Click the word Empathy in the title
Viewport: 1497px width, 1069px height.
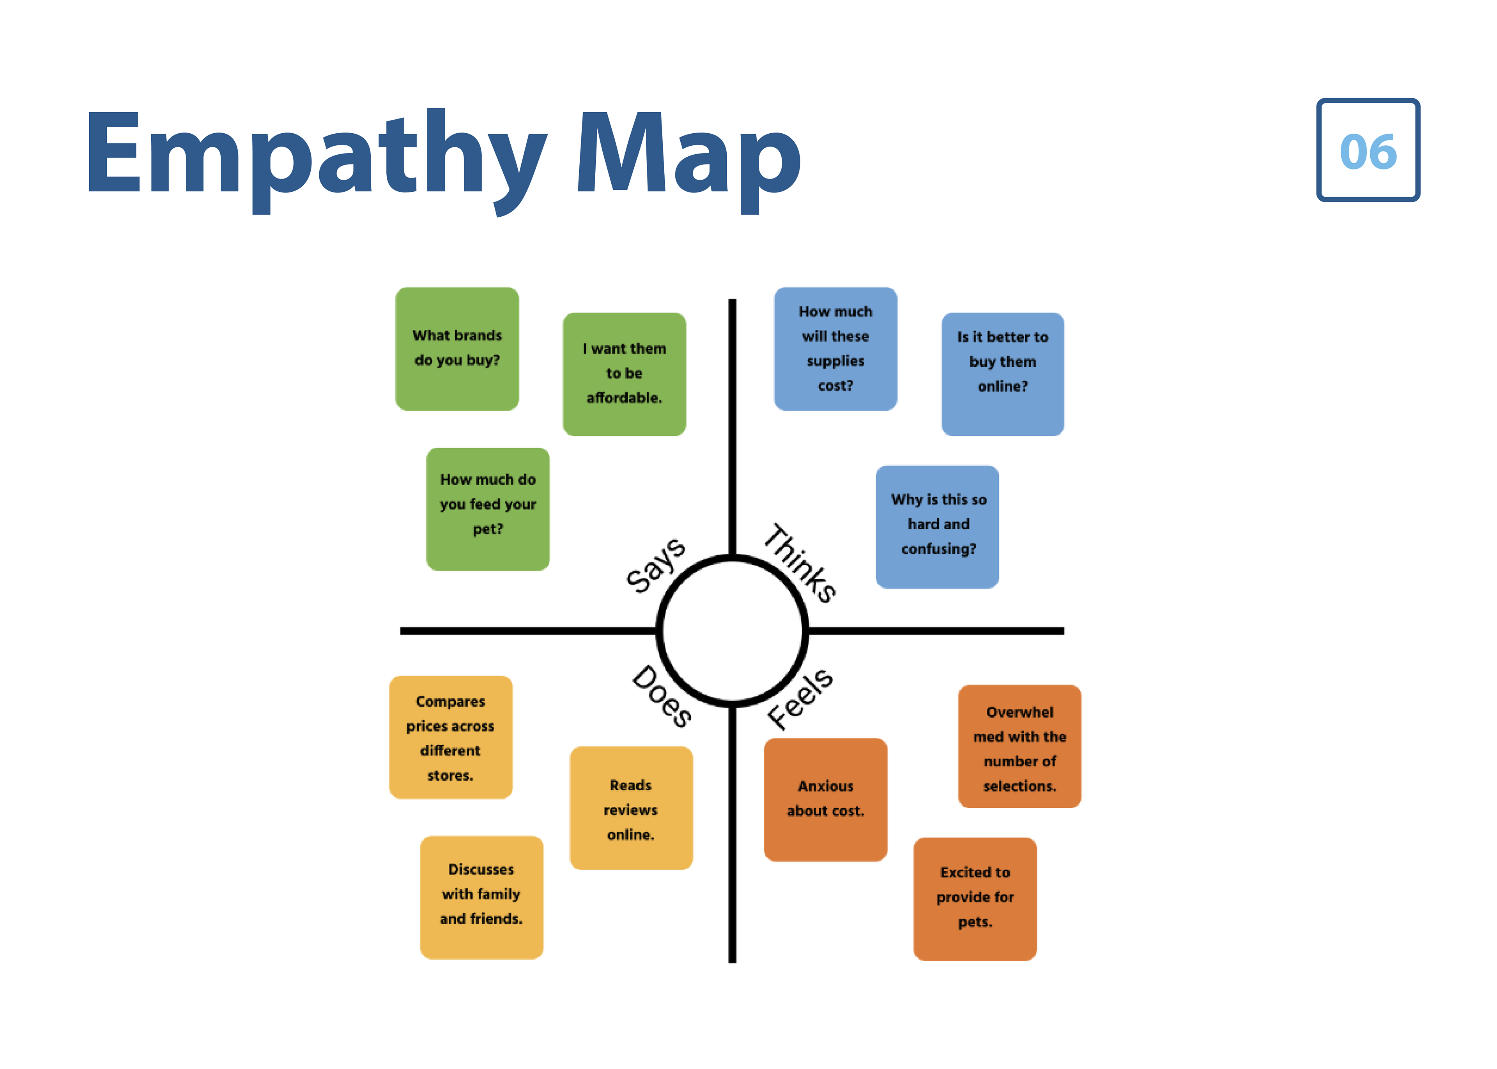coord(316,155)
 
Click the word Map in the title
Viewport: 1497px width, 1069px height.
coord(688,155)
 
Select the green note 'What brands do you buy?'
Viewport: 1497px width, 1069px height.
coord(457,348)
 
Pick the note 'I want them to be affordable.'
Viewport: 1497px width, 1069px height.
coord(624,373)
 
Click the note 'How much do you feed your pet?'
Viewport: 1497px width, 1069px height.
coord(488,509)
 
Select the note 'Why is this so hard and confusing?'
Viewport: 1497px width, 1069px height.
coord(938,526)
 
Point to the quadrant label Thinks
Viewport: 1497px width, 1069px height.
coord(800,563)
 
